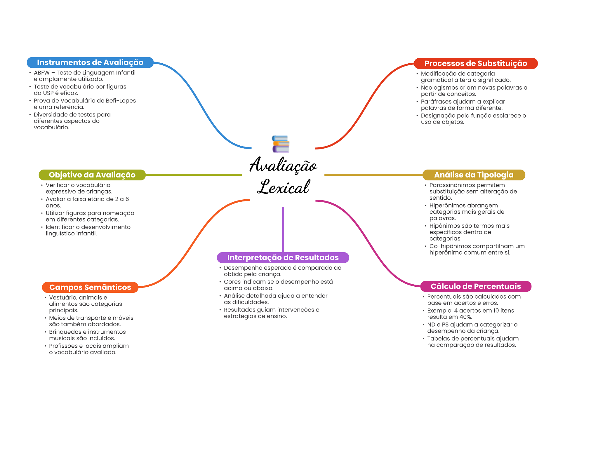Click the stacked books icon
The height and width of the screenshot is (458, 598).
pyautogui.click(x=281, y=144)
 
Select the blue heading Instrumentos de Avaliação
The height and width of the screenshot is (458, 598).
pyautogui.click(x=90, y=62)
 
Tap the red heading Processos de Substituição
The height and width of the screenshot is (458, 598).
pyautogui.click(x=476, y=63)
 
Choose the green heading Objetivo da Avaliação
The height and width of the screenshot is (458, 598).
pyautogui.click(x=92, y=175)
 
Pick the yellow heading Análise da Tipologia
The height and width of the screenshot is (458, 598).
pyautogui.click(x=474, y=175)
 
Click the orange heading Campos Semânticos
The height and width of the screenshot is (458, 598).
pyautogui.click(x=90, y=287)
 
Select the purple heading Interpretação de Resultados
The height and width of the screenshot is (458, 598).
pyautogui.click(x=283, y=257)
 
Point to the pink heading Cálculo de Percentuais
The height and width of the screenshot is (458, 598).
pyautogui.click(x=476, y=286)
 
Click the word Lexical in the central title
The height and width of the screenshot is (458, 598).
pyautogui.click(x=283, y=187)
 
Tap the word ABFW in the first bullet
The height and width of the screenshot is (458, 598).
pyautogui.click(x=41, y=73)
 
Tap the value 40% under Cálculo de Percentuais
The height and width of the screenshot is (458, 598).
pyautogui.click(x=466, y=317)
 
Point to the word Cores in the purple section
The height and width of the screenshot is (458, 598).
pyautogui.click(x=232, y=282)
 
